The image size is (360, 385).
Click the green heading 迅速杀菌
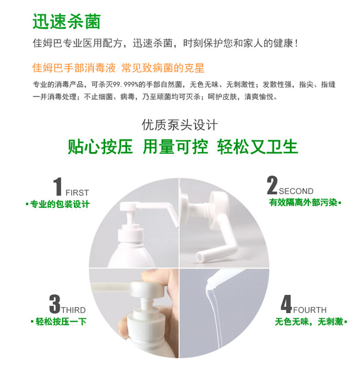pos(67,22)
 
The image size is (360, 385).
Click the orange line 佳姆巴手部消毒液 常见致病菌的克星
pos(118,68)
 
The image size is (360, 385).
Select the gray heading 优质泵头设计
pos(180,125)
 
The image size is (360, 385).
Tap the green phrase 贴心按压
pos(100,147)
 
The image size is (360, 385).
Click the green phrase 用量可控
pos(176,147)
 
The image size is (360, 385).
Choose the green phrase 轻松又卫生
pos(258,147)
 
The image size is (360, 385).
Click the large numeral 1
pos(58,187)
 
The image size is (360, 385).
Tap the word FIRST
pos(77,193)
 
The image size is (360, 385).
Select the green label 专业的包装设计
pos(60,204)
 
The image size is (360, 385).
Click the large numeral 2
pos(272,185)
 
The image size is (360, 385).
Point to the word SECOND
pos(296,191)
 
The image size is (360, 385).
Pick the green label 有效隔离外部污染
pos(303,202)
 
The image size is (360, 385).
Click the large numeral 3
pos(55,304)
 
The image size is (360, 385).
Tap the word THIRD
pos(73,310)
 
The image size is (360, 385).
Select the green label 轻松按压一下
pos(61,321)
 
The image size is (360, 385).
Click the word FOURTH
pos(310,310)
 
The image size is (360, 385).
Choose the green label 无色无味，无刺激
pos(309,321)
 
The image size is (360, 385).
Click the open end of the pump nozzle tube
pos(200,257)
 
